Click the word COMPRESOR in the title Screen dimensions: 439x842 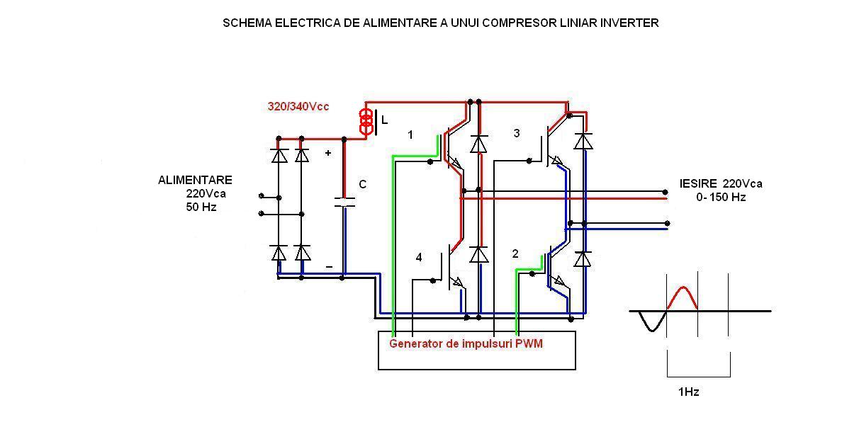pos(499,23)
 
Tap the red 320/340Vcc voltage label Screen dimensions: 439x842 pos(298,106)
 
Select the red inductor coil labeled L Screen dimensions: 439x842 pos(366,122)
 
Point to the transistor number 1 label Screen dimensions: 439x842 pos(410,135)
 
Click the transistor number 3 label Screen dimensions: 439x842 pos(516,133)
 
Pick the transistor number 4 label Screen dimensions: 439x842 pos(419,258)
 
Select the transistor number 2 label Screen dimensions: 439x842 pos(515,253)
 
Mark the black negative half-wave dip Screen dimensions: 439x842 pos(650,322)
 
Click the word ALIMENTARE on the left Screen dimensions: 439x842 pos(195,181)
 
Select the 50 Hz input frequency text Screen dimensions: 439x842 pos(201,207)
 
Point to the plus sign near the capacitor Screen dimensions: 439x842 pos(327,153)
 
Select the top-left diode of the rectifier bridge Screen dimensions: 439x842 pos(279,154)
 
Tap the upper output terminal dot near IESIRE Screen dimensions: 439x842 pos(665,192)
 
